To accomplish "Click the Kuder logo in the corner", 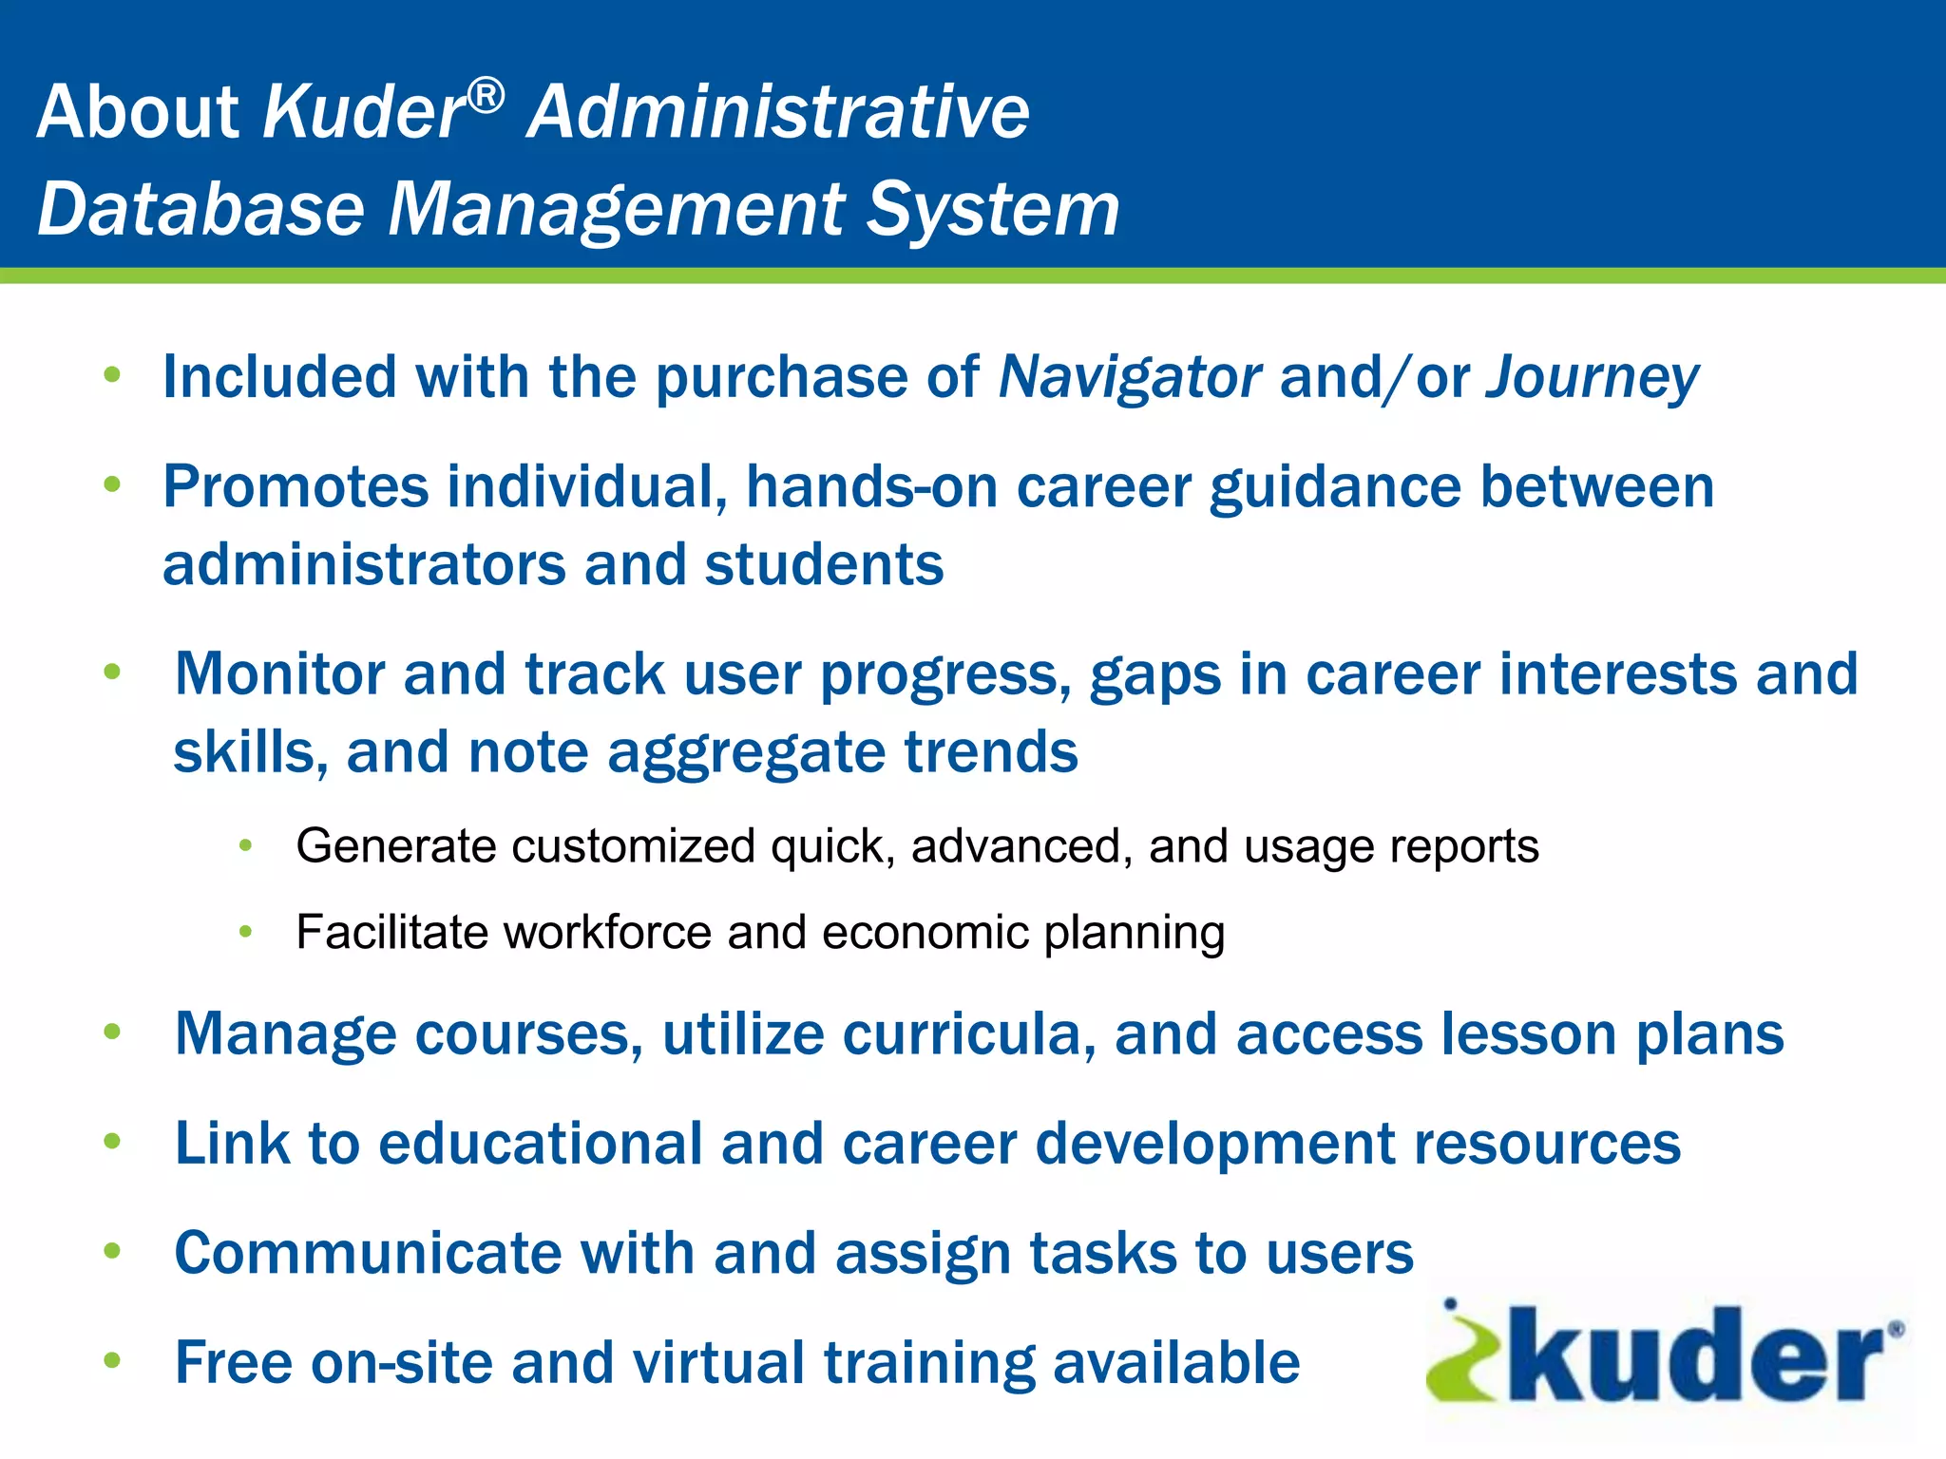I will click(1665, 1353).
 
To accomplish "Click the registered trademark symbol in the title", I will click(486, 96).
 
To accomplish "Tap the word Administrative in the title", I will click(778, 111).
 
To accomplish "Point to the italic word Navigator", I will click(1130, 377).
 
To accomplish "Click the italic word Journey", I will click(1593, 377).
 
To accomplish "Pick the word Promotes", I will click(296, 487).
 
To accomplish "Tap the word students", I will click(824, 565).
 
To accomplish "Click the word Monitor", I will click(279, 674).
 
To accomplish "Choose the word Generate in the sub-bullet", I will click(396, 846).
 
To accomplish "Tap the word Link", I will click(232, 1143).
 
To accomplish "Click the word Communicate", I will click(368, 1253).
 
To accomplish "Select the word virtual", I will click(718, 1362).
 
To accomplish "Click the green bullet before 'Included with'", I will click(112, 374).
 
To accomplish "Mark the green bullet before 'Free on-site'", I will click(112, 1360).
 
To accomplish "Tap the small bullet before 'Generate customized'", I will click(245, 844).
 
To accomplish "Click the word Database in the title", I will click(200, 209).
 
